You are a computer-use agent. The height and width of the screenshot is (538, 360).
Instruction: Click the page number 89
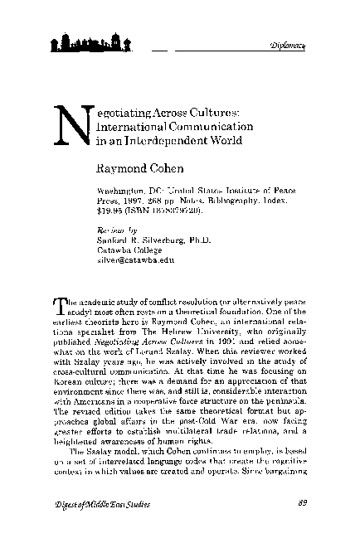[302, 502]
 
